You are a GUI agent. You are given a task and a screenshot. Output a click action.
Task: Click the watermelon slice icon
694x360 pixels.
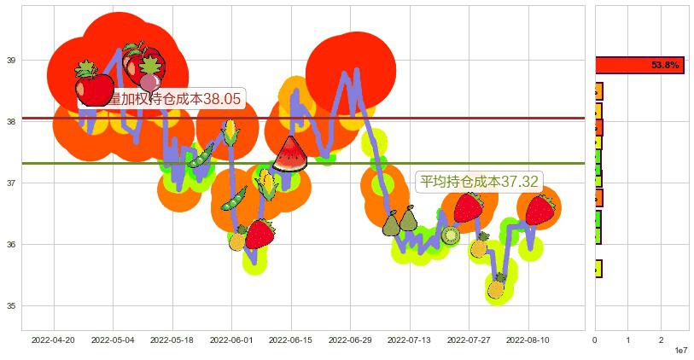tap(289, 155)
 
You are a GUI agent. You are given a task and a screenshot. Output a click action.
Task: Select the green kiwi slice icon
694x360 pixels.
tap(451, 235)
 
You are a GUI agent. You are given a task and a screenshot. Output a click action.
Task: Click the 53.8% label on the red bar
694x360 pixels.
tap(665, 65)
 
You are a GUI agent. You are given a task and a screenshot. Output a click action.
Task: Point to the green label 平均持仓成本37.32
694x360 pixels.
tap(478, 181)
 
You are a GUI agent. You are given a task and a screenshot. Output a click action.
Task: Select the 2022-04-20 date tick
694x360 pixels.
tap(53, 340)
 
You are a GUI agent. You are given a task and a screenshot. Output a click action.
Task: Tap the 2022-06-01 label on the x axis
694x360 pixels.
tap(230, 340)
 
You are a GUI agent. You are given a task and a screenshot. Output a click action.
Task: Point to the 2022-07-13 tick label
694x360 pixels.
tap(408, 340)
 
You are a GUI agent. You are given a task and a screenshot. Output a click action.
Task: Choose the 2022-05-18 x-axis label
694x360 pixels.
tap(172, 340)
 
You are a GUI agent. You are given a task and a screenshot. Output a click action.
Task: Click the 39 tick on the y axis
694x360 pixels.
tap(10, 61)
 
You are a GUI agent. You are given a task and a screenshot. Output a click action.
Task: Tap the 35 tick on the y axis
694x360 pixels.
tap(10, 306)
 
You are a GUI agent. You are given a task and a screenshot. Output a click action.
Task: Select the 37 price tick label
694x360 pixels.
tap(10, 183)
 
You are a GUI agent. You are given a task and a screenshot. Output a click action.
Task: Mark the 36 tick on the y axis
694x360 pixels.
tap(10, 245)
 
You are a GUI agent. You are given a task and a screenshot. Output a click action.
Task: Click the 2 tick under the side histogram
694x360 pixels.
tap(661, 340)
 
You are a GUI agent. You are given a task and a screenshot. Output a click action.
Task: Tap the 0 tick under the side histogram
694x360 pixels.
tap(595, 340)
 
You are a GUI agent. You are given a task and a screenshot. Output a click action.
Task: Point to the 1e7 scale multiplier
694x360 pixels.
tap(681, 351)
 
